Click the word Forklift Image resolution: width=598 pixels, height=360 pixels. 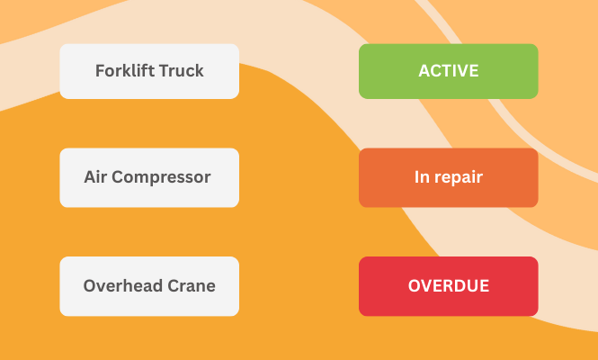coord(124,71)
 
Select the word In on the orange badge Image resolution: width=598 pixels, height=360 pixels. coord(421,177)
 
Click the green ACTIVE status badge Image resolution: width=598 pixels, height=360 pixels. coord(448,71)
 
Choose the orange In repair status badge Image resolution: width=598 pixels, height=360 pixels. coord(448,177)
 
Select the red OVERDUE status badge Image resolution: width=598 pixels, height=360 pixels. coord(448,286)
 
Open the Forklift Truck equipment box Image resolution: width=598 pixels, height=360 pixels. coord(149,71)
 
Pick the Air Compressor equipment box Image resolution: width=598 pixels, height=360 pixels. coord(149,177)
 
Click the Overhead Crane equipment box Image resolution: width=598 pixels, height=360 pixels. coord(149,286)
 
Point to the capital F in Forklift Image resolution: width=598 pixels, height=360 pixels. coord(100,71)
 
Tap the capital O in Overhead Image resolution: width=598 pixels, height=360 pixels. coord(90,286)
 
